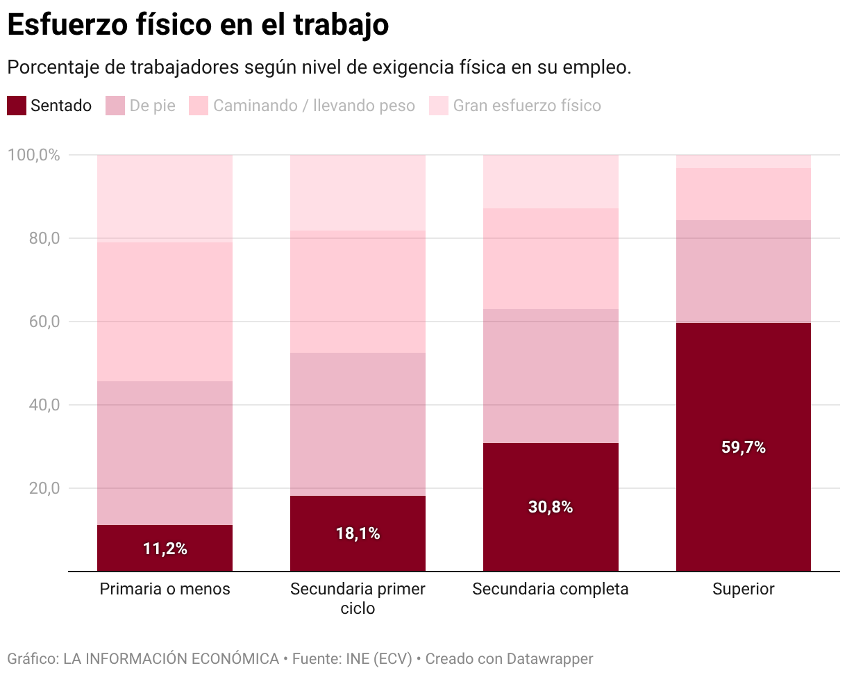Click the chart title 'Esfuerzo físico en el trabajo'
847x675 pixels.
click(197, 25)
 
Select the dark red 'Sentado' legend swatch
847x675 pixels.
click(17, 106)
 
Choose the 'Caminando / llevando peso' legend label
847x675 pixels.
click(313, 106)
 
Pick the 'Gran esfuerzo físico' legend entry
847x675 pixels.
click(526, 106)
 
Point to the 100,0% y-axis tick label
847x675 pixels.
click(33, 155)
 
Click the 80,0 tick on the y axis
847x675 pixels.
click(43, 238)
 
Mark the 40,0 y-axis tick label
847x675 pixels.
click(43, 405)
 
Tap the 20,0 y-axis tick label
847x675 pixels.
click(43, 488)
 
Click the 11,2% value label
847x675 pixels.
click(165, 549)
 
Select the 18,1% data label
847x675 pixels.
click(358, 534)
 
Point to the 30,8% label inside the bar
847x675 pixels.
click(551, 508)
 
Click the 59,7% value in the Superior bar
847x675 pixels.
click(744, 448)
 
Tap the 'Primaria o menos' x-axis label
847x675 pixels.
click(165, 590)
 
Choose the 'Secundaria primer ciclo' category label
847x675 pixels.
click(358, 599)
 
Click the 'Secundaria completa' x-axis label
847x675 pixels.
click(551, 590)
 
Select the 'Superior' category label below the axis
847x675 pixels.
click(744, 590)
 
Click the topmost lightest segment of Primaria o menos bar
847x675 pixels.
click(165, 199)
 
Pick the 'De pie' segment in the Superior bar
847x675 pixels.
click(744, 272)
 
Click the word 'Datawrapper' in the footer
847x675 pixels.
click(550, 658)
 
